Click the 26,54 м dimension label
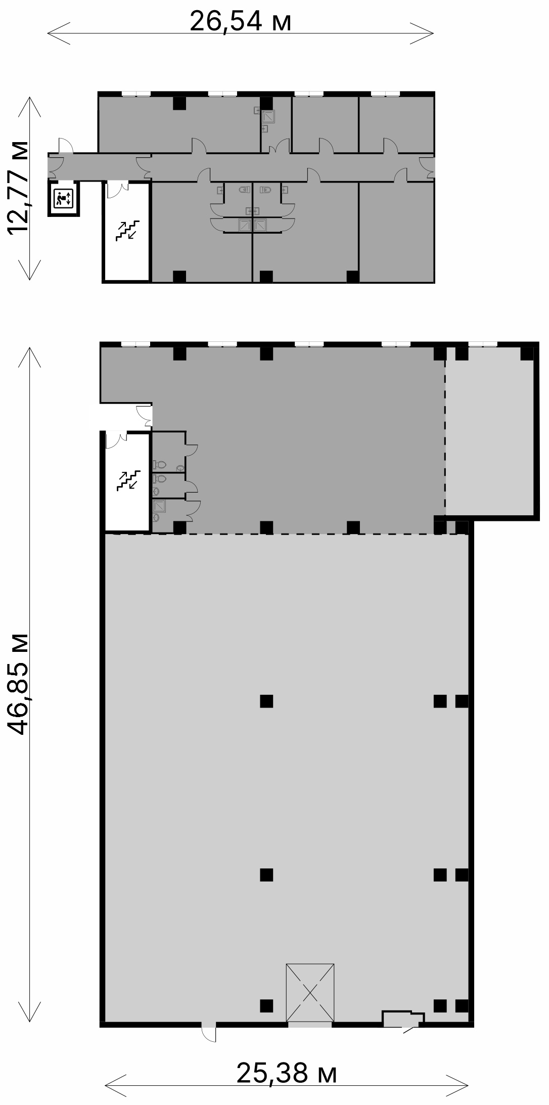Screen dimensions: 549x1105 241,21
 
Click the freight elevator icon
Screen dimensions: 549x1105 64,198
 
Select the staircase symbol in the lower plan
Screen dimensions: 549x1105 127,480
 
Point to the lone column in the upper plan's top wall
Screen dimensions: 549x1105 179,103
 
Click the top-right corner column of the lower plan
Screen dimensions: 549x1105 527,353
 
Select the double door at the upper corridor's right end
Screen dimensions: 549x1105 427,167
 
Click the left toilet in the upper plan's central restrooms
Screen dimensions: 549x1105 245,190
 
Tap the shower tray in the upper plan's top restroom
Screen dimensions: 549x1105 268,117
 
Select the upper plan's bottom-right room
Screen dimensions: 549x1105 395,232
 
